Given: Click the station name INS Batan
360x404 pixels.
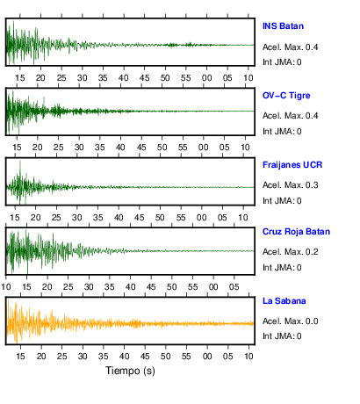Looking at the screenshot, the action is [x=283, y=26].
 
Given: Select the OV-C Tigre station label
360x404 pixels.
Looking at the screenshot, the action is [x=286, y=96].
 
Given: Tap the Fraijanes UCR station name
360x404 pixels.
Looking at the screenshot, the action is [x=292, y=165].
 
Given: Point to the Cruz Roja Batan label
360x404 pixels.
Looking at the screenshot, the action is [x=296, y=232].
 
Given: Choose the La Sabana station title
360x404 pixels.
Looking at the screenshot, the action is [x=284, y=301].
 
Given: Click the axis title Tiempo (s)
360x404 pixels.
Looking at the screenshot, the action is [x=130, y=371].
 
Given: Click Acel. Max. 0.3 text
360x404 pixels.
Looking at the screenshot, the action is [x=291, y=185].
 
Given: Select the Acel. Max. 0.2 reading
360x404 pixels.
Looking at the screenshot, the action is [x=291, y=252].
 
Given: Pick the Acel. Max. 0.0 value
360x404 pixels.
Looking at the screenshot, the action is [x=291, y=321].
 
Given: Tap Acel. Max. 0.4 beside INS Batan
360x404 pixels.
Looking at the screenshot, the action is [x=291, y=47].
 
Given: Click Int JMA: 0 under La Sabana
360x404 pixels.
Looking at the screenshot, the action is [x=282, y=335].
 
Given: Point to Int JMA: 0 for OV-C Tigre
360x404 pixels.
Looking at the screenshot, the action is [x=282, y=132].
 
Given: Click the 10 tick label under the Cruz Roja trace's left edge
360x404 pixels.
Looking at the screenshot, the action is [x=6, y=287].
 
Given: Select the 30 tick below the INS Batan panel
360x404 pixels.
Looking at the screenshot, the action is [x=83, y=78].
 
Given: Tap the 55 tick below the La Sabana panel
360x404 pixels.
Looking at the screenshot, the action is [x=186, y=357].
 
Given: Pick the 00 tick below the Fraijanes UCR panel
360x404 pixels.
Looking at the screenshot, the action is [x=201, y=218].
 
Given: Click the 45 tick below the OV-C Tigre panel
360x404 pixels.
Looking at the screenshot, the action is [x=141, y=148].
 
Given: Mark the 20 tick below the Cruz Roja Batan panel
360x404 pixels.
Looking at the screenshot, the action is [x=47, y=287].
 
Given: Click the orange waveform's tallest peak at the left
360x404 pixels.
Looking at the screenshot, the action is [x=8, y=300].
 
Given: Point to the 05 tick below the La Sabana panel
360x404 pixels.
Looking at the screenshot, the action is [x=227, y=357].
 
